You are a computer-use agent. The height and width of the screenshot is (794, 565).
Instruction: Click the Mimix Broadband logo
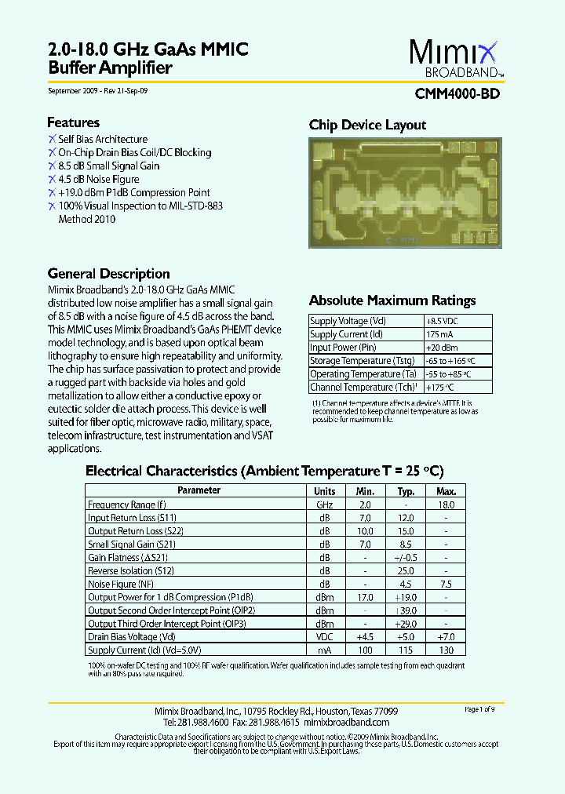pyautogui.click(x=454, y=59)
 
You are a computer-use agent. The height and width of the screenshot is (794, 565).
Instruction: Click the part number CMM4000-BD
pyautogui.click(x=457, y=93)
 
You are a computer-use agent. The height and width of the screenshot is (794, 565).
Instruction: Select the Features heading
pyautogui.click(x=73, y=122)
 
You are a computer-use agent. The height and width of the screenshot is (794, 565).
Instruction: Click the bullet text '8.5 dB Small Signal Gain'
pyautogui.click(x=108, y=166)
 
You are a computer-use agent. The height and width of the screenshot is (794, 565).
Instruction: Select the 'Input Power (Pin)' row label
pyautogui.click(x=343, y=348)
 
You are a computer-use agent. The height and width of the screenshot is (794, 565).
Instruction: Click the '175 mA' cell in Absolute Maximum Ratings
pyautogui.click(x=440, y=334)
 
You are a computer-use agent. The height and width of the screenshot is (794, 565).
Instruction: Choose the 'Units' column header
pyautogui.click(x=324, y=491)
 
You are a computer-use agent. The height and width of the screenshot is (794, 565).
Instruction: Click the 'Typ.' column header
pyautogui.click(x=406, y=491)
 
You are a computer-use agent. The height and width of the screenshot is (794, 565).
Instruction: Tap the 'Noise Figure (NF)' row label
pyautogui.click(x=121, y=585)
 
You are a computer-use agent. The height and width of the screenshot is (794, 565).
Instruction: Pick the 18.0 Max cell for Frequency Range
pyautogui.click(x=446, y=505)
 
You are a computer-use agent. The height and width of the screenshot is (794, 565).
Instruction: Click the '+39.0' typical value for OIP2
pyautogui.click(x=406, y=610)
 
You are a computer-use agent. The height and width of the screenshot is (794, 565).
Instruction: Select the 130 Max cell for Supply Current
pyautogui.click(x=446, y=650)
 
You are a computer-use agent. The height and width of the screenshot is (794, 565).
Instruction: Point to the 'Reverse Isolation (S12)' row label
pyautogui.click(x=130, y=571)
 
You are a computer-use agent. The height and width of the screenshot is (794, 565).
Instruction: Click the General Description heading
pyautogui.click(x=108, y=274)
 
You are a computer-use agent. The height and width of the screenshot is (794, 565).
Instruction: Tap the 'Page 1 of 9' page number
pyautogui.click(x=479, y=709)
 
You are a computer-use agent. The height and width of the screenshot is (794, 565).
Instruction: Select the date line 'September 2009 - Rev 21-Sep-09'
pyautogui.click(x=98, y=91)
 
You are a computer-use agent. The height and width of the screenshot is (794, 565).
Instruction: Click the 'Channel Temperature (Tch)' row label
pyautogui.click(x=359, y=388)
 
